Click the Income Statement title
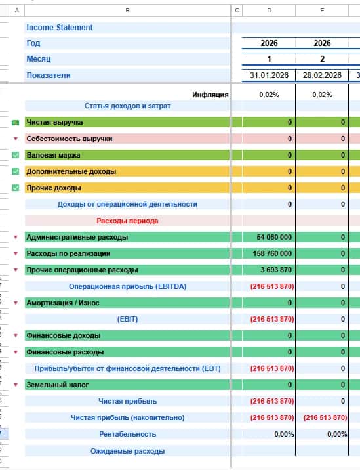[x=60, y=28]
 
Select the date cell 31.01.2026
[x=269, y=75]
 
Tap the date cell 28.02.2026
[x=322, y=75]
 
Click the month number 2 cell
[x=322, y=59]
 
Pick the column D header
[x=269, y=11]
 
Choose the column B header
[x=128, y=11]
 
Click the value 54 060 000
[x=274, y=237]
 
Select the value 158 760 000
[x=272, y=253]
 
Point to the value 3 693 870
[x=276, y=270]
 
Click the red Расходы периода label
[x=127, y=221]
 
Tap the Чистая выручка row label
[x=54, y=122]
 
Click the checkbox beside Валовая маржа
[x=16, y=155]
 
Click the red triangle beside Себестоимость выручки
[x=16, y=139]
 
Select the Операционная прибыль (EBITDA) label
[x=128, y=286]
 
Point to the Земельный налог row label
[x=58, y=385]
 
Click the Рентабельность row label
[x=128, y=434]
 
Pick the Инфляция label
[x=210, y=95]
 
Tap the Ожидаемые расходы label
[x=128, y=451]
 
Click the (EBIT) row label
[x=128, y=319]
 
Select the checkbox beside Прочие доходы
[x=16, y=188]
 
